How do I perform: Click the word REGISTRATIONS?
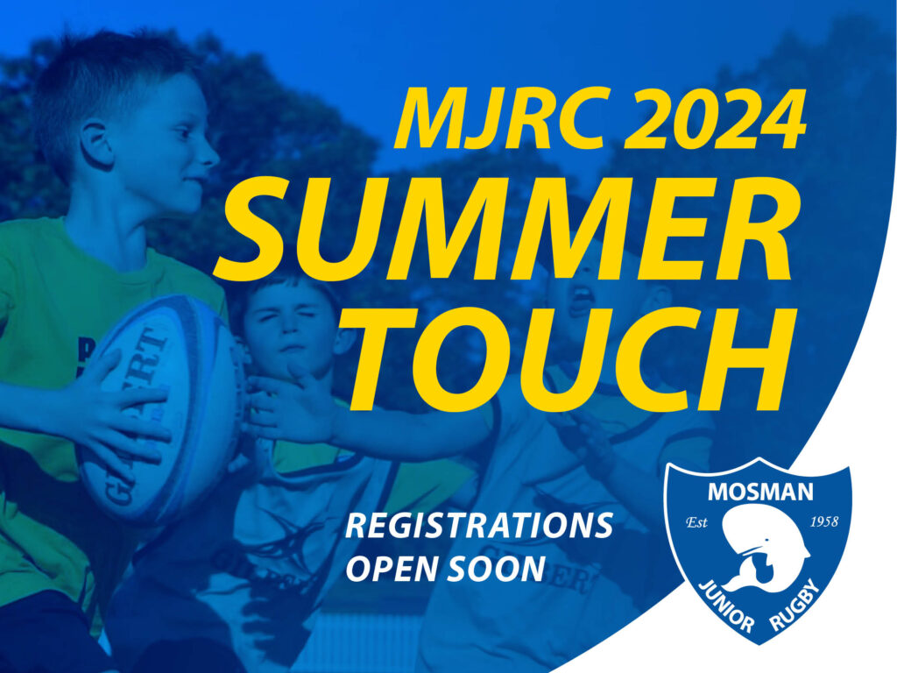pyautogui.click(x=479, y=527)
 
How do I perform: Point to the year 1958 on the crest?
pyautogui.click(x=824, y=522)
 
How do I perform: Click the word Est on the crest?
pyautogui.click(x=696, y=523)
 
